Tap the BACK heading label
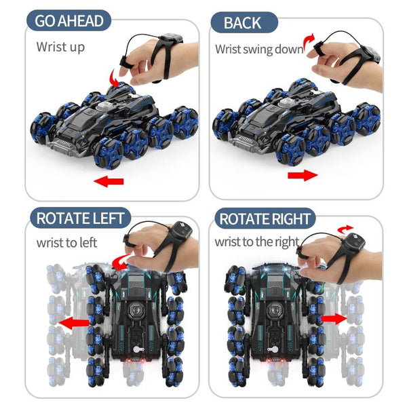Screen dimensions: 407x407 (x=242, y=23)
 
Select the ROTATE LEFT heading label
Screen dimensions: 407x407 (x=79, y=218)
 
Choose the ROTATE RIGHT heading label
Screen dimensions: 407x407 (x=265, y=219)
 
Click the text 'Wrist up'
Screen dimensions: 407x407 (x=61, y=47)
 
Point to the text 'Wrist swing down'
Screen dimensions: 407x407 (x=259, y=49)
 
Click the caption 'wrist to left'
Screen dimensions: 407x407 (x=66, y=241)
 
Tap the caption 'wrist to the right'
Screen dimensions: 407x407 (x=257, y=241)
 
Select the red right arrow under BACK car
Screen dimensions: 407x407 (x=303, y=176)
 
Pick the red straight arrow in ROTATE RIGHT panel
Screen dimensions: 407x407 (x=332, y=317)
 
